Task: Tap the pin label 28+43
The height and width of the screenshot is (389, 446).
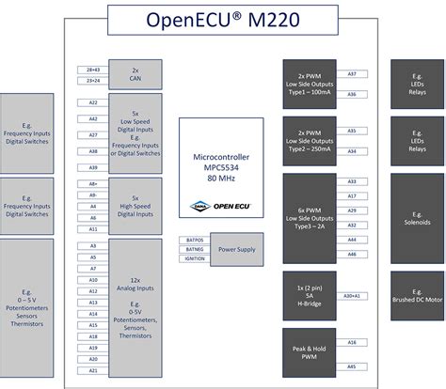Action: (93, 70)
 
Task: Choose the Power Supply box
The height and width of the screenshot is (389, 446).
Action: (236, 250)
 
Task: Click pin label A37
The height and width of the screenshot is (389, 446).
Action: (352, 73)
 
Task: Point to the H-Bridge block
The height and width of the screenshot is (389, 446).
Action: (311, 295)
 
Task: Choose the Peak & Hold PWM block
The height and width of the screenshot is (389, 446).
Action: (311, 353)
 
